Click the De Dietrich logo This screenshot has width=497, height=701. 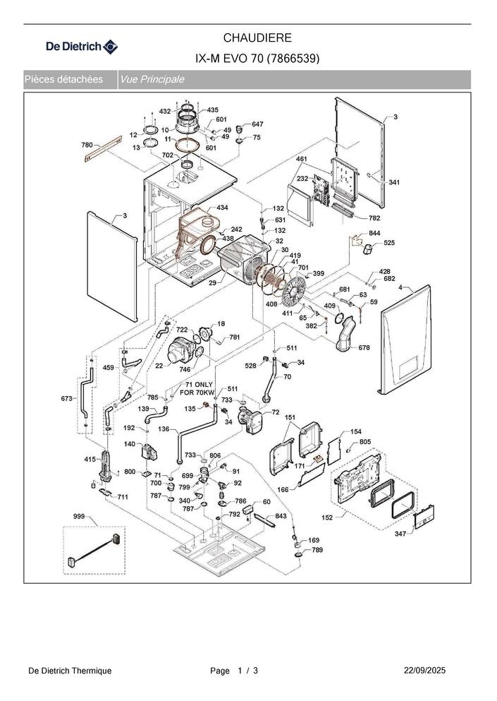point(82,47)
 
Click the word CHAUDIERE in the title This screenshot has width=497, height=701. point(257,37)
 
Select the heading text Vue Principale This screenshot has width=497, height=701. point(152,80)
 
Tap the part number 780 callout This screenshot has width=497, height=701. point(87,145)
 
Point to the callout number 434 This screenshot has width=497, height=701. point(222,208)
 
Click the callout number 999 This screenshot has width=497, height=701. point(79,517)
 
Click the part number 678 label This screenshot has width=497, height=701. point(364,348)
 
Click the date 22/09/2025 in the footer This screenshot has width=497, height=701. point(424,670)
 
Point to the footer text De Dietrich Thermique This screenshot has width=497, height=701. point(70,670)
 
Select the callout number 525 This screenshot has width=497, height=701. point(389,243)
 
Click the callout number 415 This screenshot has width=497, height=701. point(90,460)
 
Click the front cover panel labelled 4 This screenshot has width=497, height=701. point(406,339)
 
